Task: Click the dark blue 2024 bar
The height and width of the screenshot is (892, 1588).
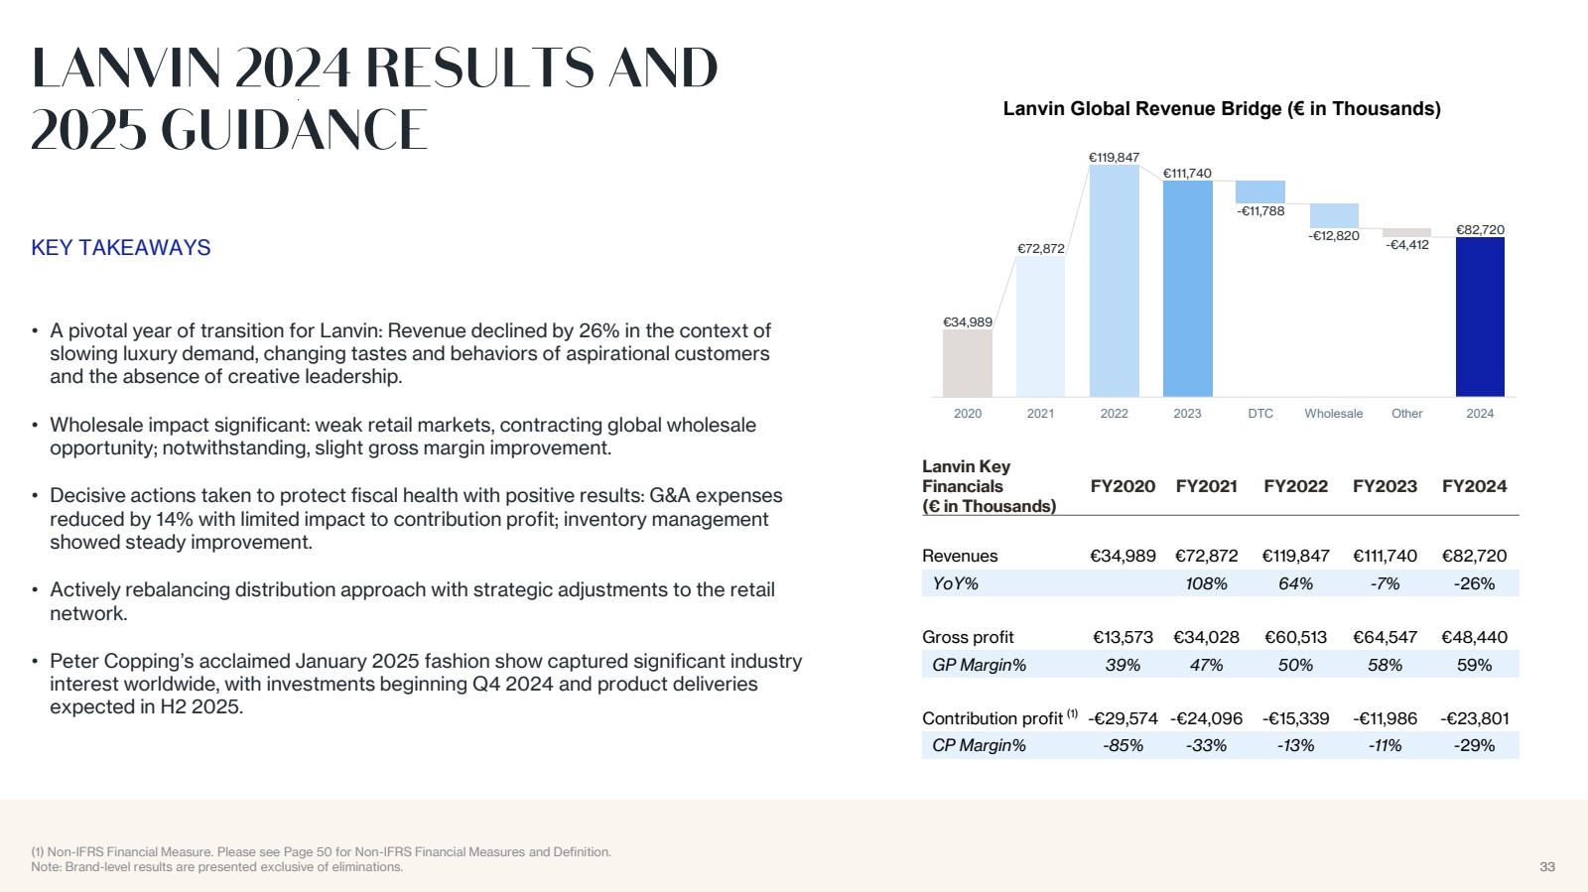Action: coord(1480,317)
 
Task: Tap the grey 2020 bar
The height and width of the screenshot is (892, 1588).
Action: coord(967,363)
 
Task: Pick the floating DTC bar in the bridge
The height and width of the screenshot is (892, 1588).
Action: coord(1260,191)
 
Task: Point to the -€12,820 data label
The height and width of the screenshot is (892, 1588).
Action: coord(1334,236)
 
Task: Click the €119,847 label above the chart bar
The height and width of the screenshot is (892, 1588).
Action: coord(1114,158)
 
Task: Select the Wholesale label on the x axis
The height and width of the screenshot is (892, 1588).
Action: coord(1333,414)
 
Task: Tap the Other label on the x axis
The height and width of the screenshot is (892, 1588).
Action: coord(1406,414)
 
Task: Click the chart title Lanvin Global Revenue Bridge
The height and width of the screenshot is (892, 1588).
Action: coord(1221,109)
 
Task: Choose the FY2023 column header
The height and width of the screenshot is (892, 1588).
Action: coord(1385,486)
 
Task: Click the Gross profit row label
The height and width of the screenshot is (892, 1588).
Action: coord(968,637)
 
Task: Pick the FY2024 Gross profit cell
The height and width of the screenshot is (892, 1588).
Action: coord(1474,637)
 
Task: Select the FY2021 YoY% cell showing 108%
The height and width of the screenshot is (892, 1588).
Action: coord(1206,583)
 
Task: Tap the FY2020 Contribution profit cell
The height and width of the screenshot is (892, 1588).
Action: coord(1123,718)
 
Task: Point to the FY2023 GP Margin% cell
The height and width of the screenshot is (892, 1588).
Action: coord(1385,665)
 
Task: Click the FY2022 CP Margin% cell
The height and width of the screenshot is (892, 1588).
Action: coord(1295,745)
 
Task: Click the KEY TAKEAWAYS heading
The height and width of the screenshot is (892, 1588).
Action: coord(121,248)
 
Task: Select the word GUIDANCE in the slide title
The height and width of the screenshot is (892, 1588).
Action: coord(294,130)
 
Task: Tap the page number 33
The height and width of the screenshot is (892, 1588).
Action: coord(1546,867)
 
